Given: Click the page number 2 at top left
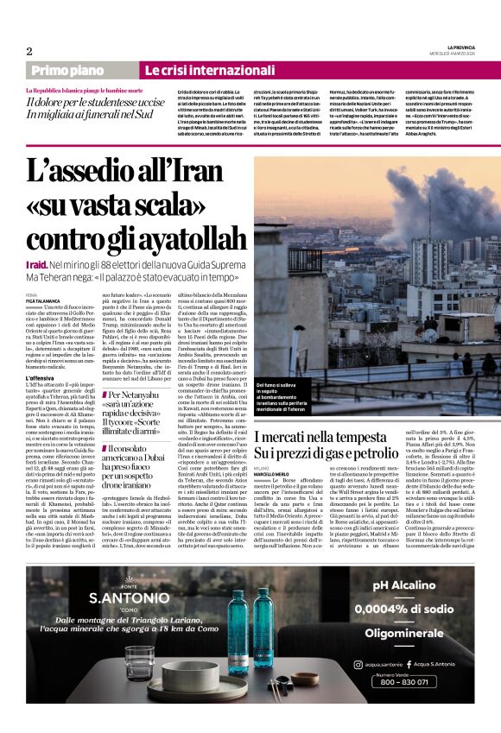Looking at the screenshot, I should click(29, 51).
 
